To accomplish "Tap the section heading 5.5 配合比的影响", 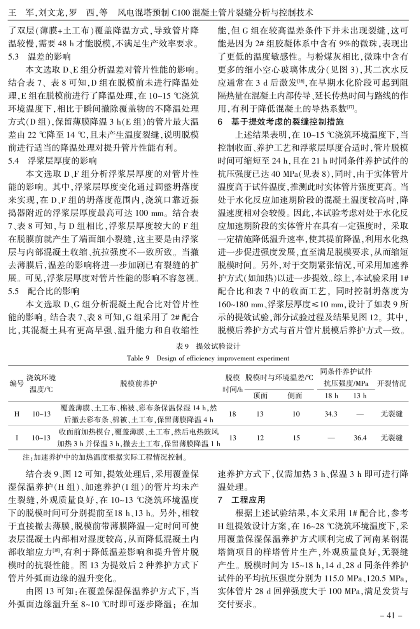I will point(44,291).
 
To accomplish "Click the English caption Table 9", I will point(208,358).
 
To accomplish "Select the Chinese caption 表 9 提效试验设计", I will point(208,346).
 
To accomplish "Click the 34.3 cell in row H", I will point(331,414).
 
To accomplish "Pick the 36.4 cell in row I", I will point(360,438).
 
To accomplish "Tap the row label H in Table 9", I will point(17,414).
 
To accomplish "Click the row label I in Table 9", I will point(17,438).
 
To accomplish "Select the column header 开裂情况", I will point(392,383).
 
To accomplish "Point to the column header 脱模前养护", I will point(138,383).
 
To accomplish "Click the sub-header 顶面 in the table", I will point(260,395).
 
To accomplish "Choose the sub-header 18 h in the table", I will point(331,395).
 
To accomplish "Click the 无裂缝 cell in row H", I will point(392,414).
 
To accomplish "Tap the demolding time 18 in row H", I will point(232,414).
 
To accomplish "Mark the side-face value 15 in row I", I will point(296,438).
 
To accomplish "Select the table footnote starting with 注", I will point(105,457).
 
